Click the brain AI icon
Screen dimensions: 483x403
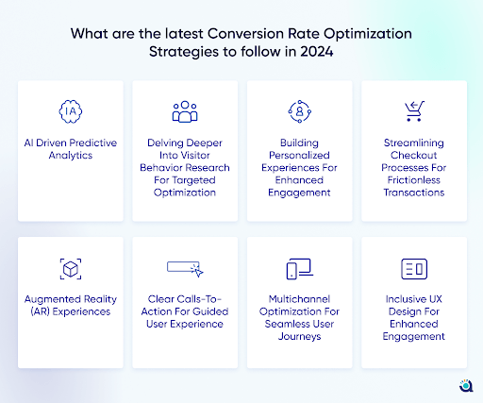point(71,111)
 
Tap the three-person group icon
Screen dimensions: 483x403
point(185,111)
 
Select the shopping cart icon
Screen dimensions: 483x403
point(414,111)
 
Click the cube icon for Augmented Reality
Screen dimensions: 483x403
point(71,269)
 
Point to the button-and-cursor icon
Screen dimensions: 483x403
point(185,269)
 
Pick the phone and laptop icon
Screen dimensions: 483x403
point(299,269)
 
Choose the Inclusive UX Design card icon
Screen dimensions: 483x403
point(414,269)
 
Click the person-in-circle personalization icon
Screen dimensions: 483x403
point(299,111)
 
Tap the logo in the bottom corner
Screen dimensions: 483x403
point(466,386)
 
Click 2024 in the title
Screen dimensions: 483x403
point(316,52)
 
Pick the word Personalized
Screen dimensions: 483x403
point(299,155)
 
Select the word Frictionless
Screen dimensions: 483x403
point(414,180)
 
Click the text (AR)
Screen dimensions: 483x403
point(40,311)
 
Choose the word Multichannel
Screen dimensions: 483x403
point(299,299)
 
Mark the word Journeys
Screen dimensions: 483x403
point(299,337)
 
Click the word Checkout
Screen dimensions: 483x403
point(414,155)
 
